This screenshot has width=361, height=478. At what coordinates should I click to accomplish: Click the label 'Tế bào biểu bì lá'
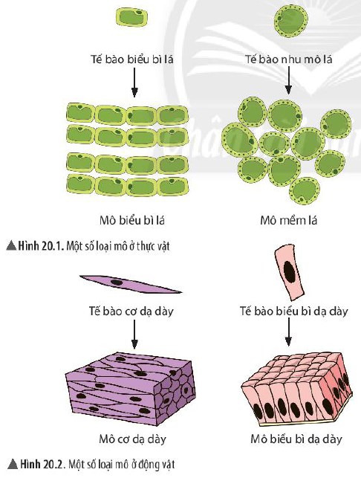click(132, 59)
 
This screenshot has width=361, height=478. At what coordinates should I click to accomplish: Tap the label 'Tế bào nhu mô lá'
click(289, 59)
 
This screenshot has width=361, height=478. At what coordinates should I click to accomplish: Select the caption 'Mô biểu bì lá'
click(132, 220)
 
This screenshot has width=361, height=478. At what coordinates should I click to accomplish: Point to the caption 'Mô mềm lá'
click(289, 220)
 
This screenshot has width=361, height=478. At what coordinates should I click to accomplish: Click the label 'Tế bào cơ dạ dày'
click(131, 311)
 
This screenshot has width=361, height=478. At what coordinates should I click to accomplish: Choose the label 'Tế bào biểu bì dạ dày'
click(293, 311)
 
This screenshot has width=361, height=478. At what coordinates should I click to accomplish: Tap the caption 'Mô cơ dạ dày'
click(132, 439)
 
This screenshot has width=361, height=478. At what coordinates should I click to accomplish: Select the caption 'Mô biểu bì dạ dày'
click(296, 439)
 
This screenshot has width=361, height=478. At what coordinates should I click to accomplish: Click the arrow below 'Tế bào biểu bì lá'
click(134, 83)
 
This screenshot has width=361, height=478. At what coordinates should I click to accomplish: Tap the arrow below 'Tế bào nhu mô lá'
click(288, 80)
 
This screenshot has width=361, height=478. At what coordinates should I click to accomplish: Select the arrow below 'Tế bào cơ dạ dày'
click(134, 334)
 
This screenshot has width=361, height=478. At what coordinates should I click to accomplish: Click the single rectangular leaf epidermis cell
click(132, 17)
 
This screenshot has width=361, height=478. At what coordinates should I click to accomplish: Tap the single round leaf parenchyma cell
click(291, 21)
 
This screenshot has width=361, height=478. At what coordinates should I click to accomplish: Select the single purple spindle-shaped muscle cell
click(131, 284)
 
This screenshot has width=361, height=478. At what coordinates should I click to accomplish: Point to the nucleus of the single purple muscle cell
click(117, 282)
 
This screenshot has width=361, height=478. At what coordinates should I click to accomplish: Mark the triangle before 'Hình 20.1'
click(11, 246)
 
